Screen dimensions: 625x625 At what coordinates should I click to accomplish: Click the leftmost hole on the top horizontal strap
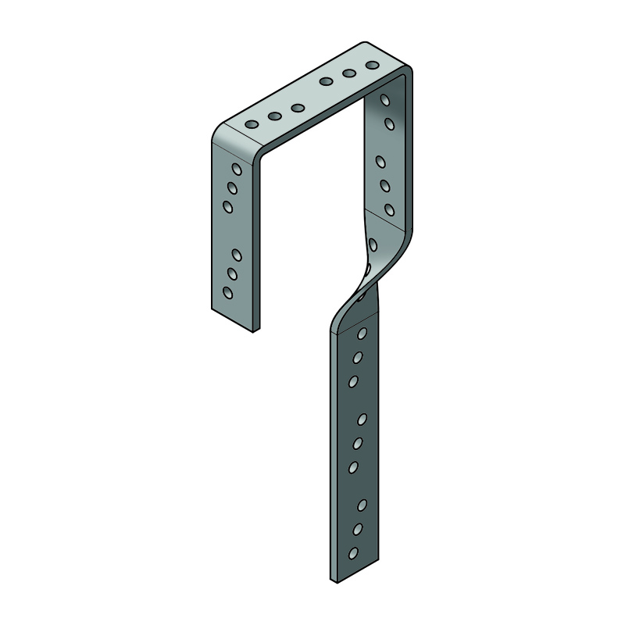pyautogui.click(x=252, y=125)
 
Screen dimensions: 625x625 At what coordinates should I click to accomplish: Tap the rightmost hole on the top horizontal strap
pyautogui.click(x=373, y=64)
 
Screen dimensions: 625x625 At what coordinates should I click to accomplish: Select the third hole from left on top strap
pyautogui.click(x=298, y=109)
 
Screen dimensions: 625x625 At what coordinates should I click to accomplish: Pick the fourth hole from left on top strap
pyautogui.click(x=327, y=81)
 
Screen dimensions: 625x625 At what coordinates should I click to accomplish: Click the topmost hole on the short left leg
pyautogui.click(x=236, y=169)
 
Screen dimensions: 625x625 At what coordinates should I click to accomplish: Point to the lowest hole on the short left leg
pyautogui.click(x=227, y=293)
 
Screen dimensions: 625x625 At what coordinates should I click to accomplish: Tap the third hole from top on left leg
pyautogui.click(x=228, y=206)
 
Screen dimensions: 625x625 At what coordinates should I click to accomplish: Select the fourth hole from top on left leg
pyautogui.click(x=237, y=255)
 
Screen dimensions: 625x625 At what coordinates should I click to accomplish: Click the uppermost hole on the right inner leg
pyautogui.click(x=385, y=100)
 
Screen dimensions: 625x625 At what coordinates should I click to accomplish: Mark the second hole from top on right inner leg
pyautogui.click(x=389, y=123)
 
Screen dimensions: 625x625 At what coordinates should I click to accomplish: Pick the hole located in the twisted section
pyautogui.click(x=373, y=245)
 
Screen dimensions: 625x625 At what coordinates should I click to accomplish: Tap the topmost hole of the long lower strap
pyautogui.click(x=362, y=334)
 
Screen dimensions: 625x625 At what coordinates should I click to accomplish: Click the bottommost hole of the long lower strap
pyautogui.click(x=353, y=553)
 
